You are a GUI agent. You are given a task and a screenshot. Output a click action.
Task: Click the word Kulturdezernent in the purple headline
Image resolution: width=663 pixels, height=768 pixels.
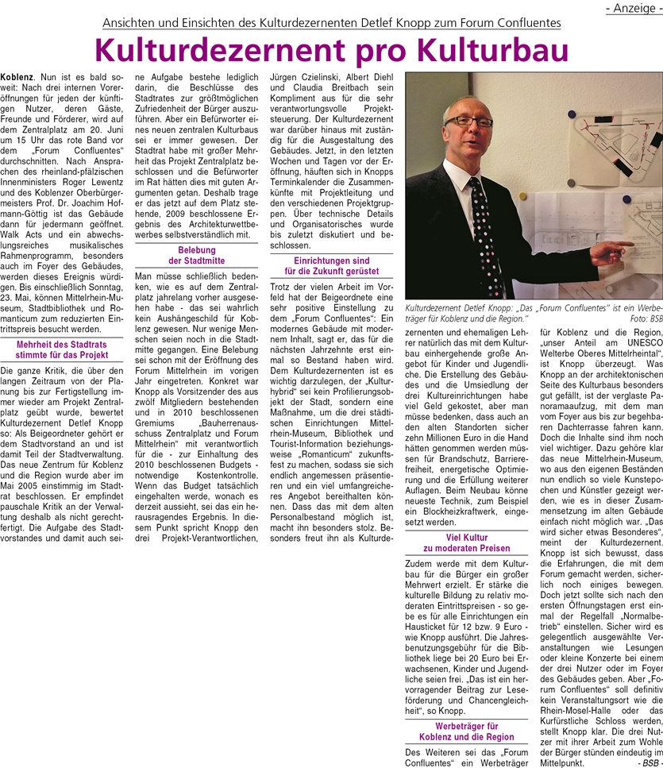(x=215, y=49)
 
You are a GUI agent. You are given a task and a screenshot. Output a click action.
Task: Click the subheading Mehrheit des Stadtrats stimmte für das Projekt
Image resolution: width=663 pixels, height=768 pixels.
(x=62, y=350)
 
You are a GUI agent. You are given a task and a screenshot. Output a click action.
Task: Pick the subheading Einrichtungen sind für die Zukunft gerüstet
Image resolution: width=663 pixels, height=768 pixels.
(x=332, y=266)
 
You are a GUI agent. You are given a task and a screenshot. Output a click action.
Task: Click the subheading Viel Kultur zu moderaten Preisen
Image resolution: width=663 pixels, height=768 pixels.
(x=467, y=542)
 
